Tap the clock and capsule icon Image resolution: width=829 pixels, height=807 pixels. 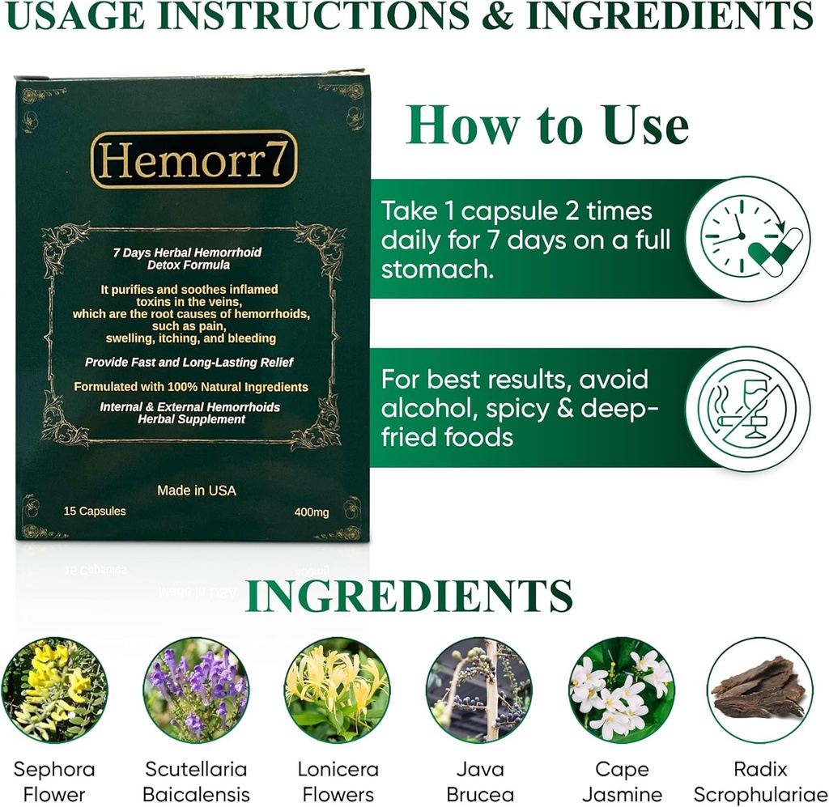(748, 238)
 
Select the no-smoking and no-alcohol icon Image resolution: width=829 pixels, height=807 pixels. (748, 409)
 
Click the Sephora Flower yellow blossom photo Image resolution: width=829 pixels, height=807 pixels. (53, 690)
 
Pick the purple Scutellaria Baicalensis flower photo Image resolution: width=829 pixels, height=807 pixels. (196, 690)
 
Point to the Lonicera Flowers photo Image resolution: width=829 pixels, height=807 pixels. (337, 690)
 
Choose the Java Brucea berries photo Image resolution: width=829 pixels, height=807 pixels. (478, 690)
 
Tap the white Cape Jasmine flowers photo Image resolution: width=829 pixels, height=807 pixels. (620, 690)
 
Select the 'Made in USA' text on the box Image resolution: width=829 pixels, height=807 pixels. (197, 491)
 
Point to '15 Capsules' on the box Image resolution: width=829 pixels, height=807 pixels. (95, 512)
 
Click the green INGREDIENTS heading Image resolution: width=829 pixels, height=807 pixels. (409, 597)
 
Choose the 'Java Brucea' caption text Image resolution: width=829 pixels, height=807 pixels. (479, 781)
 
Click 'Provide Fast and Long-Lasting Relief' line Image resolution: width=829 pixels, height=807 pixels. (189, 362)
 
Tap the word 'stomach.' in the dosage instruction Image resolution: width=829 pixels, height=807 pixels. (438, 270)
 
